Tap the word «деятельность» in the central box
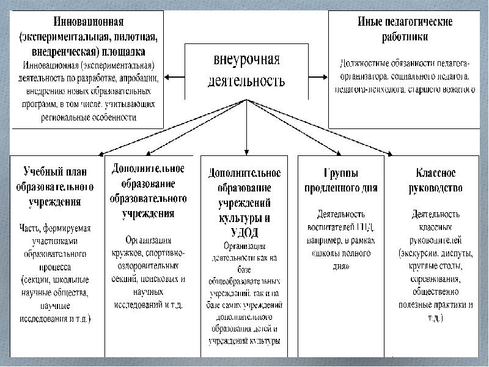[247, 81]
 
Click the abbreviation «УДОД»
[244, 232]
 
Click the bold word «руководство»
[435, 188]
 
